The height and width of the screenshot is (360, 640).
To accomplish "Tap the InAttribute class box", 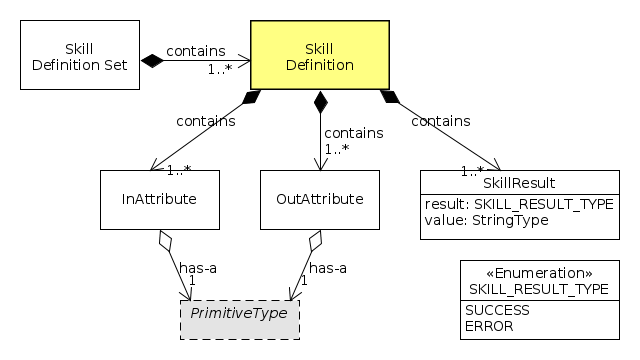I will (x=159, y=199).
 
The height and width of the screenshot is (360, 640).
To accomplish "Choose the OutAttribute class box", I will (x=319, y=199).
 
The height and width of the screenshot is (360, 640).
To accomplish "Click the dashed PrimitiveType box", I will (x=239, y=313).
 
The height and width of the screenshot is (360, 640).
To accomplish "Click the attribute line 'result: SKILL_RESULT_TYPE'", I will (x=517, y=204).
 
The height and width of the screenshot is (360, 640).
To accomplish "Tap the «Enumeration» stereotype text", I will (x=538, y=273).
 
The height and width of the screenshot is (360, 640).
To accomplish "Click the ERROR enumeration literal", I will (x=489, y=326).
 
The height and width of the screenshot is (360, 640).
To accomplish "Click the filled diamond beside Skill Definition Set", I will (x=151, y=62).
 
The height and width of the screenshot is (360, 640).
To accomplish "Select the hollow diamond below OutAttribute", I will (x=315, y=241).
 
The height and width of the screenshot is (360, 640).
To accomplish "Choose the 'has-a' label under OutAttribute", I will (x=327, y=267).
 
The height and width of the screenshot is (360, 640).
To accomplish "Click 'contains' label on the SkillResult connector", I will (x=441, y=121).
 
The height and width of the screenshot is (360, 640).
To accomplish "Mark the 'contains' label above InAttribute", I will (x=205, y=121).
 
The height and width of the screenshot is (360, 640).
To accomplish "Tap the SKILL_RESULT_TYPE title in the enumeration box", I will (x=538, y=288).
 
